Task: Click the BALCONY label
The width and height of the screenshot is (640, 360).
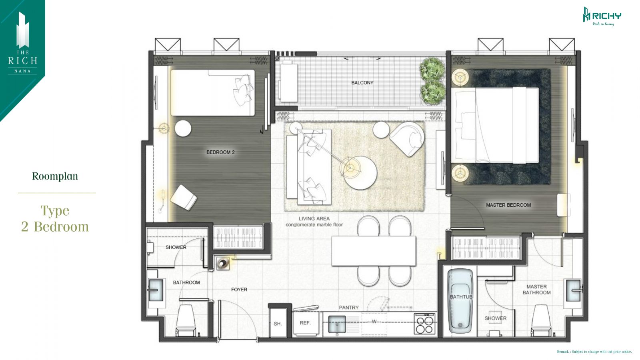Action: tap(362, 82)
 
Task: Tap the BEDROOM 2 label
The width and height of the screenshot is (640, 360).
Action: tap(220, 152)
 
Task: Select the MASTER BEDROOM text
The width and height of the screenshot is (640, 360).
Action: tap(508, 205)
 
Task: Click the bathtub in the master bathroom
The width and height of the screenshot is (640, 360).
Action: tap(460, 301)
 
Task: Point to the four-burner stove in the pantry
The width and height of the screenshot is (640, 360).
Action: tap(424, 324)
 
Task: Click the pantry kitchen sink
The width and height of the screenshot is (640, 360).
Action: tap(337, 324)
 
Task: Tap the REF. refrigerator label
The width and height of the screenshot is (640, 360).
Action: tap(305, 323)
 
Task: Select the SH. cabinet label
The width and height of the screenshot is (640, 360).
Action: tap(278, 324)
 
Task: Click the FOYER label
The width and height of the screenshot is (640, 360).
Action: tap(239, 290)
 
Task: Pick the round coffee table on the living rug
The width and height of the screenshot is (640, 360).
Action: tap(360, 173)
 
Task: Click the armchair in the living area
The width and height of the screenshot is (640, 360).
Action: tap(407, 138)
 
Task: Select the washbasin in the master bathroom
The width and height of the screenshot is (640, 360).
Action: tap(573, 291)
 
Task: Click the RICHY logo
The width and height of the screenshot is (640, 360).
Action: tap(602, 16)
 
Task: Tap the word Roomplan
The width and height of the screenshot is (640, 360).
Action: tap(55, 176)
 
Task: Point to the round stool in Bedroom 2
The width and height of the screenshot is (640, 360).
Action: tap(183, 128)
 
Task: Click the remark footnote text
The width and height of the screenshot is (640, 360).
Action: tap(594, 352)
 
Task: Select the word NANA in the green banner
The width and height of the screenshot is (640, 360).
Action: tap(22, 71)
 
